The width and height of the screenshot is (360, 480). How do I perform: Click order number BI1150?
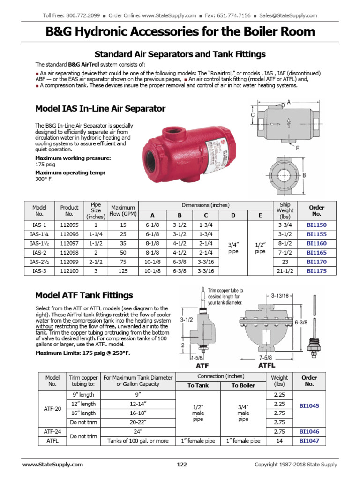[x=316, y=225]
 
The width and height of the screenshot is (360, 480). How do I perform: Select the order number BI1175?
[x=316, y=271]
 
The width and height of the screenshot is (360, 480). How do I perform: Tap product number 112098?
[x=69, y=253]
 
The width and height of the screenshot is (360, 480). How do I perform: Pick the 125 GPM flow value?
[x=123, y=271]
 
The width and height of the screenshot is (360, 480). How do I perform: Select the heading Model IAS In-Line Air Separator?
[x=100, y=109]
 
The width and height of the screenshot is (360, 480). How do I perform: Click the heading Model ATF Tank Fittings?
[x=84, y=295]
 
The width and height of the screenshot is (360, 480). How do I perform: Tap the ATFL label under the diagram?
[x=267, y=365]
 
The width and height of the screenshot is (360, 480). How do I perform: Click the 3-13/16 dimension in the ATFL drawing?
[x=281, y=295]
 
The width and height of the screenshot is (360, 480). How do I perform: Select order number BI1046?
[x=309, y=431]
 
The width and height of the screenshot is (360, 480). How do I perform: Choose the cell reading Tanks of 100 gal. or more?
[x=138, y=441]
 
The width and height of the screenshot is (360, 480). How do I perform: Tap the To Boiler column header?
[x=243, y=385]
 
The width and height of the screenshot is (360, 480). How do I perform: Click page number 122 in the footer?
[x=182, y=465]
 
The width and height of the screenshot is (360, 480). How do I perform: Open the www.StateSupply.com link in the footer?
[x=52, y=465]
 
